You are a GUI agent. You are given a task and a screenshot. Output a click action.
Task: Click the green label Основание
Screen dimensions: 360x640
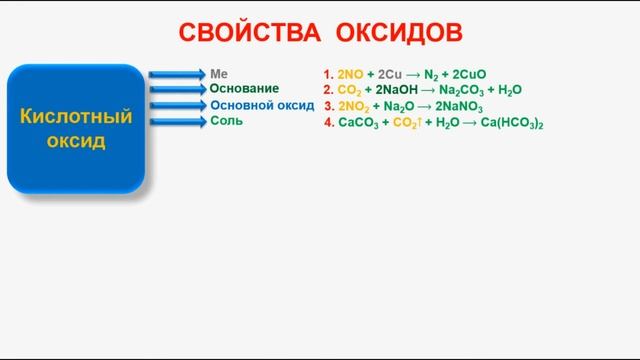(x=244, y=88)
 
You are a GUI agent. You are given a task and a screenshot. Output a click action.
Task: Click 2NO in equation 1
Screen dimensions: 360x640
(x=351, y=74)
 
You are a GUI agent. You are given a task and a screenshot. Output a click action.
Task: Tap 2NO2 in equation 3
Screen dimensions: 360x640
(x=354, y=105)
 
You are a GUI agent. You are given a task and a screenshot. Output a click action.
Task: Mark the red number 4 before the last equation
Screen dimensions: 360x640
(x=328, y=122)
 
